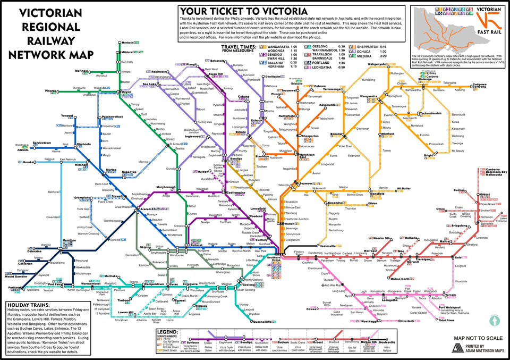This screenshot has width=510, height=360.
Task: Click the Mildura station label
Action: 126,53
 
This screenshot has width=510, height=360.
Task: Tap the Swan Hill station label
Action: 209,74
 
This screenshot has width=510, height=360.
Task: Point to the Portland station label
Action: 16,288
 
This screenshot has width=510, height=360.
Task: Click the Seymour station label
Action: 306,183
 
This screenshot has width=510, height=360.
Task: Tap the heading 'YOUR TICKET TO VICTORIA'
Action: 243,11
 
